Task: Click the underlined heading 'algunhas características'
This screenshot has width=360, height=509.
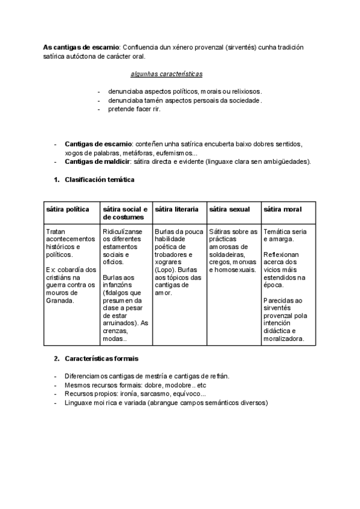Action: tap(166, 74)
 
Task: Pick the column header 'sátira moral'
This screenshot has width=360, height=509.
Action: tap(283, 209)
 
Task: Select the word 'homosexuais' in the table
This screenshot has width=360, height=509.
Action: tap(236, 270)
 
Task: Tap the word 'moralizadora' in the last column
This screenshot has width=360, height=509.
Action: tap(287, 339)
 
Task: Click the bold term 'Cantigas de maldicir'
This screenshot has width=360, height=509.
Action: tap(98, 162)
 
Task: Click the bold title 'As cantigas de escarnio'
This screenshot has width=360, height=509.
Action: tap(82, 47)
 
